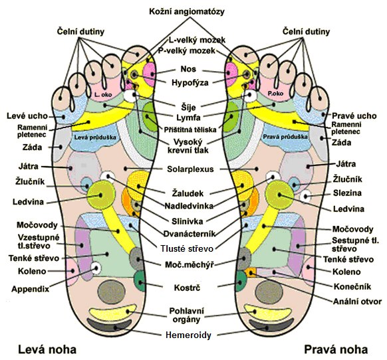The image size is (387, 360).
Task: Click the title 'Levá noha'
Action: [x=47, y=349]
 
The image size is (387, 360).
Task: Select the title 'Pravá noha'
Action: [x=336, y=349]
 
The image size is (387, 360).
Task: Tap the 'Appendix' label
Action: [x=31, y=289]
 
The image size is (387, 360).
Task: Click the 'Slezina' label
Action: [x=347, y=193]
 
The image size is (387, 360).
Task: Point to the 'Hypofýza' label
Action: [x=190, y=82]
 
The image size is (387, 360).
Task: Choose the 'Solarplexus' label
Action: [x=190, y=169]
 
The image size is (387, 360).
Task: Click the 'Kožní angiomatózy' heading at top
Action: [x=187, y=11]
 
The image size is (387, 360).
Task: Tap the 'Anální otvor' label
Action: [x=357, y=302]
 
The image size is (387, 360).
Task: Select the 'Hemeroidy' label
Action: [x=189, y=335]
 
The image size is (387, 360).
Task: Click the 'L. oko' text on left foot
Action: [x=103, y=94]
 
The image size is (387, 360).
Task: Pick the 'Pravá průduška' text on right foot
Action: [x=285, y=137]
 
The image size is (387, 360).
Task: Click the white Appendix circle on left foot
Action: [x=96, y=268]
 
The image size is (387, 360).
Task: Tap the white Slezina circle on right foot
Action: [x=306, y=197]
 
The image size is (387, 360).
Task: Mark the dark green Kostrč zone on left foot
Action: [x=139, y=281]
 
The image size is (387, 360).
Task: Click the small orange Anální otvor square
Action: [x=250, y=272]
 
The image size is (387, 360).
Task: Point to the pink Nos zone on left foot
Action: [x=150, y=74]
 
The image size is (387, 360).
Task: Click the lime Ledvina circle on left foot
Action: [x=101, y=195]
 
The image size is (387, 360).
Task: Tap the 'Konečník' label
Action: [x=352, y=286]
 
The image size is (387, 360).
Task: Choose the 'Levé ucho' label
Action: [x=27, y=116]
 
